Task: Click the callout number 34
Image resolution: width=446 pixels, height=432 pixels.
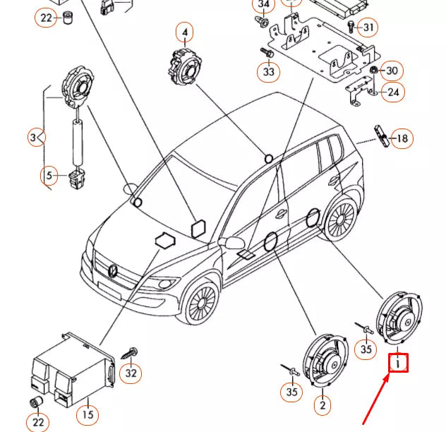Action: click(x=264, y=6)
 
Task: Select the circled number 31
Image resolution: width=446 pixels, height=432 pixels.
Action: click(x=368, y=28)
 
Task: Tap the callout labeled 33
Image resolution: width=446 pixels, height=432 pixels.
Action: click(x=268, y=71)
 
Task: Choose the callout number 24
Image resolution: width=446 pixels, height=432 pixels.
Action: click(x=394, y=92)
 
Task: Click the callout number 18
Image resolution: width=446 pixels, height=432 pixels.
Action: click(x=402, y=138)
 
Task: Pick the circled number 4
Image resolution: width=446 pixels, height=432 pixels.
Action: click(x=186, y=32)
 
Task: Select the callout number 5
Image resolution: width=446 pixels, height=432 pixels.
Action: click(x=49, y=174)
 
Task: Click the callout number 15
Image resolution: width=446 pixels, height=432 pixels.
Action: click(x=88, y=414)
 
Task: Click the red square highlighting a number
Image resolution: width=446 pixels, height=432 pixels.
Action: click(x=399, y=364)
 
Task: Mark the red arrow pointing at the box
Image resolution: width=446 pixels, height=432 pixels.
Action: click(x=375, y=398)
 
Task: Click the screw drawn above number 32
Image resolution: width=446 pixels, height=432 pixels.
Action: click(x=131, y=351)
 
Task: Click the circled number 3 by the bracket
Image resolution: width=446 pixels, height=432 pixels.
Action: click(x=37, y=138)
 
